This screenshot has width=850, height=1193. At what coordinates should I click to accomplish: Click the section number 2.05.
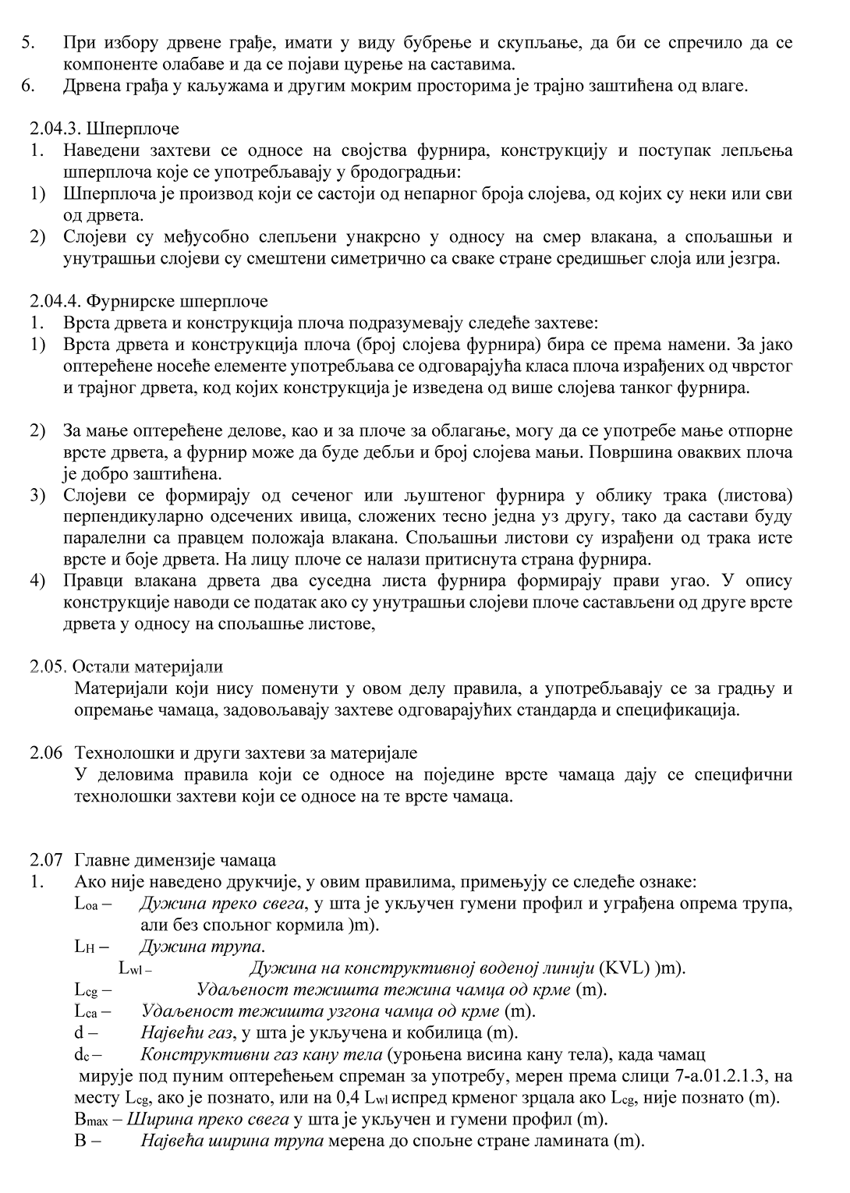(50, 667)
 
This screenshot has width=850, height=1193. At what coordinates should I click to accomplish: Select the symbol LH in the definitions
(84, 947)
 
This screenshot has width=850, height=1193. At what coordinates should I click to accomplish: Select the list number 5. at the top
(28, 43)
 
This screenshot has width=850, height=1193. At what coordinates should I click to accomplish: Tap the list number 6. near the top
(28, 85)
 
